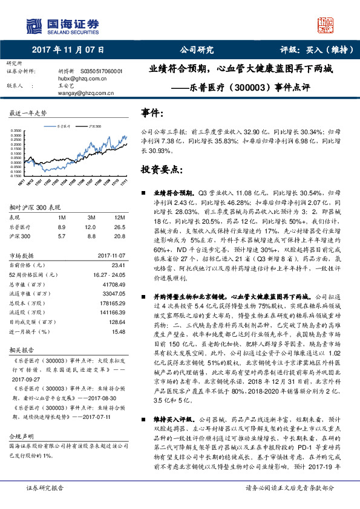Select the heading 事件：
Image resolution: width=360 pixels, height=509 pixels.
coord(152,113)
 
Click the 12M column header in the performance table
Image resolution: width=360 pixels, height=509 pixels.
coord(120,216)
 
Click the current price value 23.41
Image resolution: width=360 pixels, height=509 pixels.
coord(119,264)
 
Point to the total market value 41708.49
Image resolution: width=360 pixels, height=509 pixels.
coord(114,284)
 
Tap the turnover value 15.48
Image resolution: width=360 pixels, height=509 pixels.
coord(119,332)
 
